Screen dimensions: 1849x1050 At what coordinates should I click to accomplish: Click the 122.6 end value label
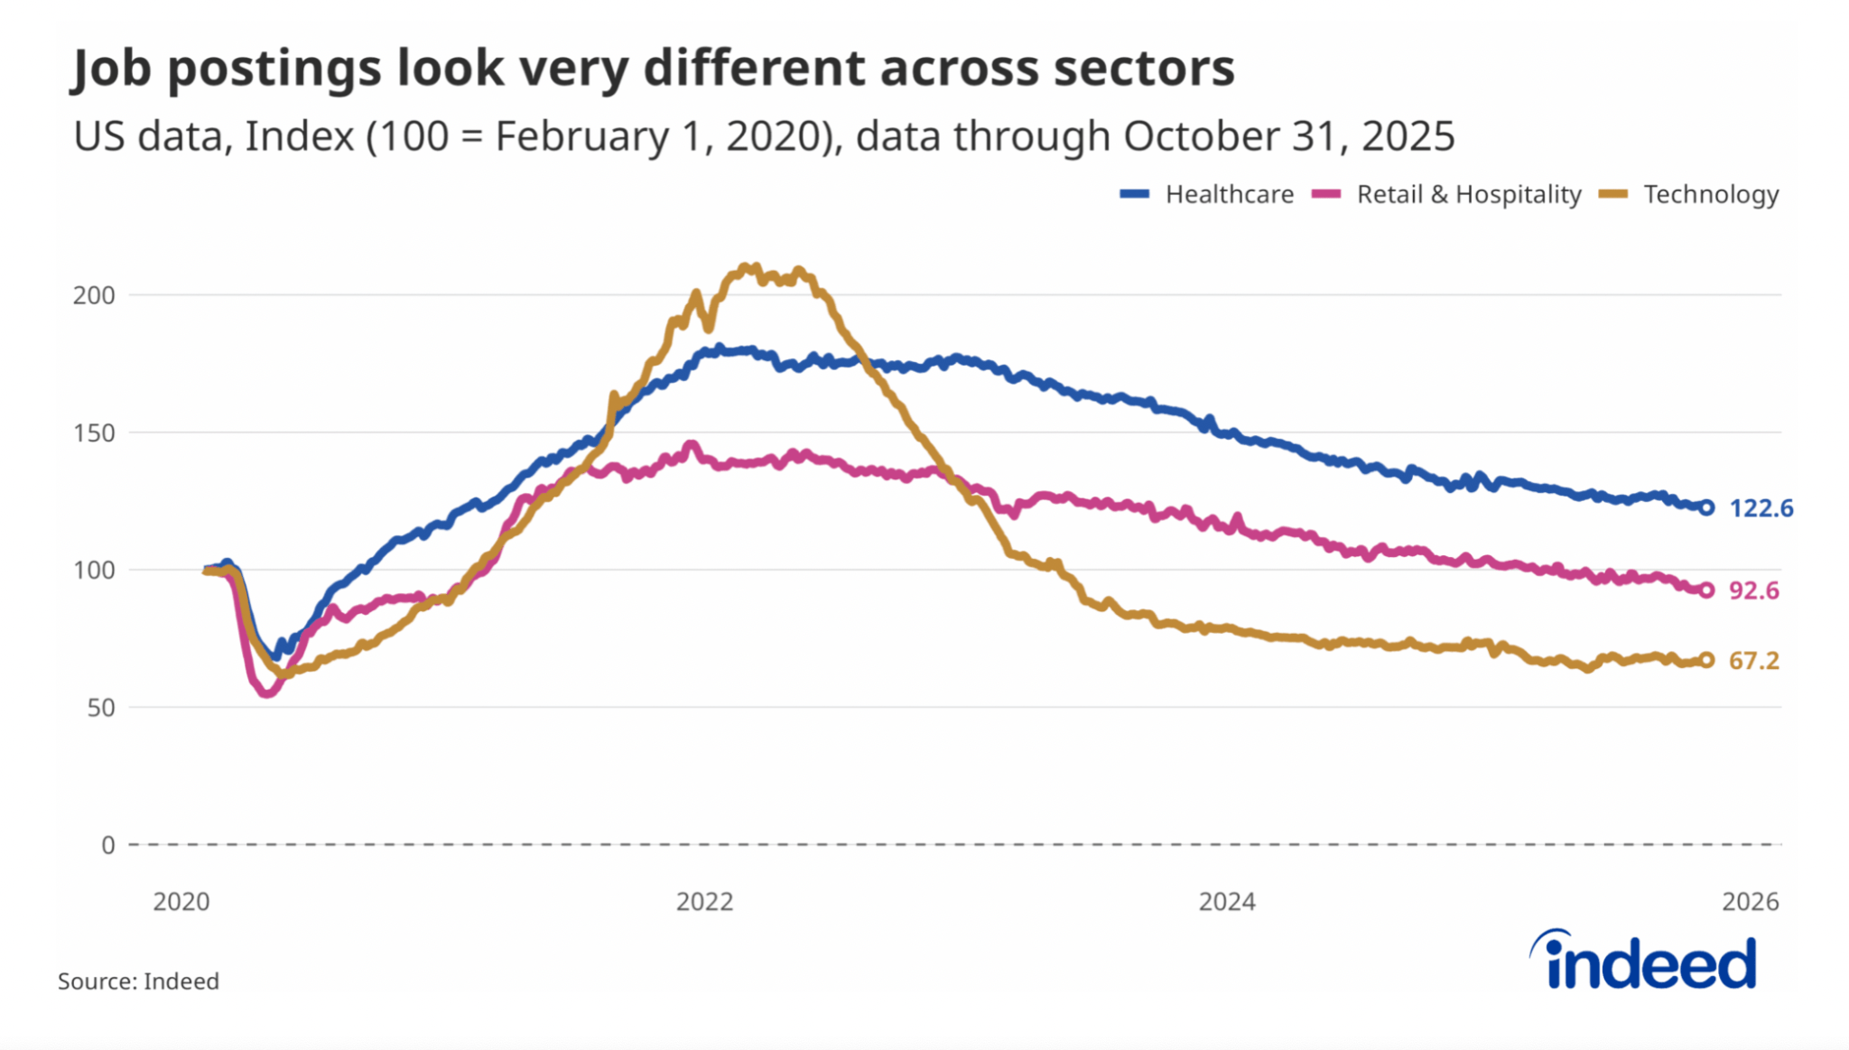[x=1761, y=508]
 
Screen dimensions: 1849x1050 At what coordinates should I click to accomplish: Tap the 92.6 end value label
[x=1753, y=590]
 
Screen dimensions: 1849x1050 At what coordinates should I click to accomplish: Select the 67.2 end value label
[x=1753, y=661]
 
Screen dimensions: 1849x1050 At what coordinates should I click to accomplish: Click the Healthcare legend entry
[x=1207, y=194]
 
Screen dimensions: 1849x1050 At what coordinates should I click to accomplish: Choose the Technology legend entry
[x=1689, y=194]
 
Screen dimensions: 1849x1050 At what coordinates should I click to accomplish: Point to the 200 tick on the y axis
[x=94, y=295]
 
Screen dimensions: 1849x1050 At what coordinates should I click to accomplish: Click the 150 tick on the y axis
[x=94, y=432]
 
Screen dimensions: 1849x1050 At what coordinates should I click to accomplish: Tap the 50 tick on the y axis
[x=101, y=708]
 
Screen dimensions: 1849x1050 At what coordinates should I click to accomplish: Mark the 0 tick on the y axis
[x=108, y=845]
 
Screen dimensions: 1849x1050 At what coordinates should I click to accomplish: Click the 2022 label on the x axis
[x=705, y=902]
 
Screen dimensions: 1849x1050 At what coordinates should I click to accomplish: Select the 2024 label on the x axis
[x=1227, y=902]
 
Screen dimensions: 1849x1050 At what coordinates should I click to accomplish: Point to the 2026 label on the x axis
[x=1751, y=902]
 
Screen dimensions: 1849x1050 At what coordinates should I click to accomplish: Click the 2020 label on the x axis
[x=181, y=902]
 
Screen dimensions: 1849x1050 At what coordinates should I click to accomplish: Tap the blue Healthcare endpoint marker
[x=1706, y=507]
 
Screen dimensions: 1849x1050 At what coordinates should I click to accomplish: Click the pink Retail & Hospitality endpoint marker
[x=1706, y=590]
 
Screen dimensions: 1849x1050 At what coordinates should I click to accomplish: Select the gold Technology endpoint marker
[x=1706, y=660]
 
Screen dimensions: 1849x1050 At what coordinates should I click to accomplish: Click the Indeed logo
[x=1643, y=961]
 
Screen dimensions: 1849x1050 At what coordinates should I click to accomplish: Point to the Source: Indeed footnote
[x=138, y=981]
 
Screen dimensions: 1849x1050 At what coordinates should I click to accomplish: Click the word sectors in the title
[x=1144, y=68]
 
